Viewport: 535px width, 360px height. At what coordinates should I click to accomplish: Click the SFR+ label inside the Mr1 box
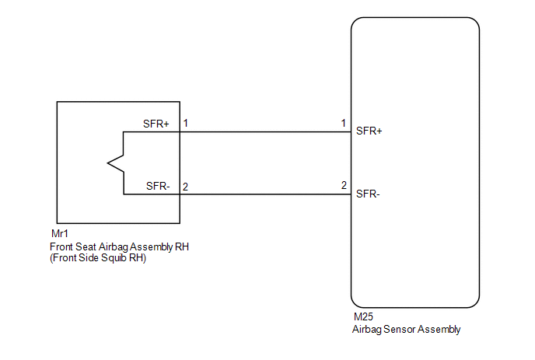pyautogui.click(x=156, y=124)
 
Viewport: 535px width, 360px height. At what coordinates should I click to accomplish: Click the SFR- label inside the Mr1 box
pyautogui.click(x=158, y=186)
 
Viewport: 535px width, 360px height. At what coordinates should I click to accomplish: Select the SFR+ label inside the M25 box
pyautogui.click(x=369, y=131)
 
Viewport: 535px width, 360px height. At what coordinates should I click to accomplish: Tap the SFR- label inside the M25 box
pyautogui.click(x=368, y=194)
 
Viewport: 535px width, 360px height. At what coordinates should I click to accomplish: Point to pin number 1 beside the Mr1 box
pyautogui.click(x=186, y=123)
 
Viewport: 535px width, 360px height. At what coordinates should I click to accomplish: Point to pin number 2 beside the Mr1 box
pyautogui.click(x=185, y=187)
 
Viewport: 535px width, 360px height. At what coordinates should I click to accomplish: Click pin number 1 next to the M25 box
pyautogui.click(x=343, y=123)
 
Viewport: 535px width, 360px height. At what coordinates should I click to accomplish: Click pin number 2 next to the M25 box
pyautogui.click(x=344, y=185)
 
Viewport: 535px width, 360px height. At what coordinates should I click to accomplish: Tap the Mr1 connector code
pyautogui.click(x=60, y=234)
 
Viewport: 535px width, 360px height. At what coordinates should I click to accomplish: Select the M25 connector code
pyautogui.click(x=363, y=317)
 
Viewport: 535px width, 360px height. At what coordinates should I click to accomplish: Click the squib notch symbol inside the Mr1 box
pyautogui.click(x=115, y=163)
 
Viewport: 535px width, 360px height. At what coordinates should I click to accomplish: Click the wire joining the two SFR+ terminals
pyautogui.click(x=265, y=131)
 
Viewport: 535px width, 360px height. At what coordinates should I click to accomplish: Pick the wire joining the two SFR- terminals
pyautogui.click(x=265, y=194)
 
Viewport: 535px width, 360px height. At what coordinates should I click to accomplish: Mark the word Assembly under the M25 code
pyautogui.click(x=439, y=330)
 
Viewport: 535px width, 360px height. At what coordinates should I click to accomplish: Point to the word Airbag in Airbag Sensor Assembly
pyautogui.click(x=367, y=330)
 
